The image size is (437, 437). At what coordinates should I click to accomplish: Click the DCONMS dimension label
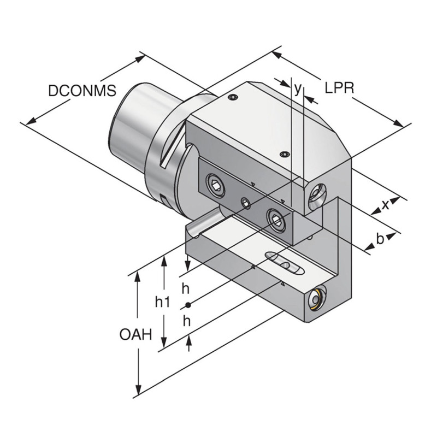(x=82, y=90)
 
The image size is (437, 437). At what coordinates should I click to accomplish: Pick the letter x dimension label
(x=386, y=204)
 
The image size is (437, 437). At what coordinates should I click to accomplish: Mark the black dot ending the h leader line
(x=187, y=305)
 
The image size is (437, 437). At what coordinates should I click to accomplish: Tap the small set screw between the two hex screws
(x=246, y=204)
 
